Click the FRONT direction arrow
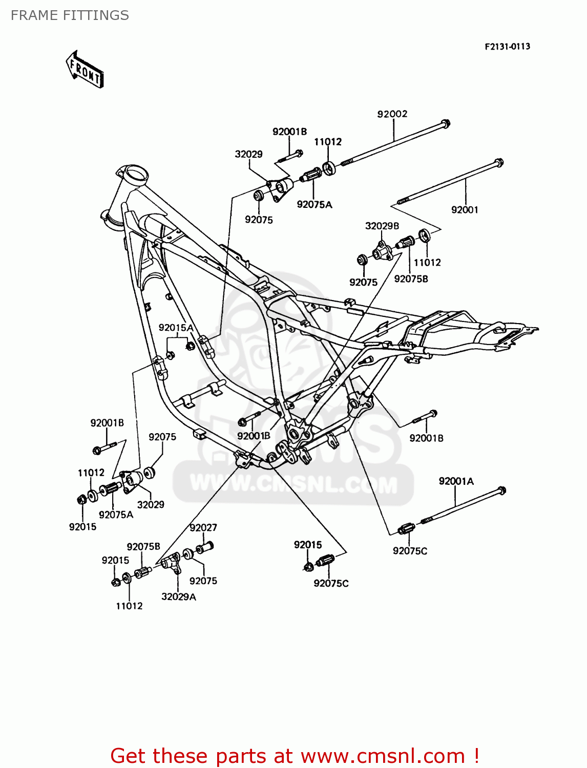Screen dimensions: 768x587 point(85,70)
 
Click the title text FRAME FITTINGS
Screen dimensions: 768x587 point(70,15)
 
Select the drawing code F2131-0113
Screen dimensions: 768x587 point(507,47)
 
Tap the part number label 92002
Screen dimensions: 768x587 point(392,114)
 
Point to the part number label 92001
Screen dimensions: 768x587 point(465,209)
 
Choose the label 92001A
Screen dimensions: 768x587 point(456,481)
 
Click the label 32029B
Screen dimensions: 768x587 point(382,226)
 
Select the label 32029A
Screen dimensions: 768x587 point(178,596)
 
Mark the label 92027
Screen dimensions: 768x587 point(203,527)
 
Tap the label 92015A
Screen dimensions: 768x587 point(176,328)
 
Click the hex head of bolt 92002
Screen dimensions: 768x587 point(445,123)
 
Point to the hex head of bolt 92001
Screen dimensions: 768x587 point(499,163)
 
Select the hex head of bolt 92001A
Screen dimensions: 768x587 point(501,490)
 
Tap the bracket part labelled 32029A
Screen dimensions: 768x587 point(171,562)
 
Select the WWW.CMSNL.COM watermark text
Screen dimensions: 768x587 point(293,484)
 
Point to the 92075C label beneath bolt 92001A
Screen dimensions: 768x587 point(410,551)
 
